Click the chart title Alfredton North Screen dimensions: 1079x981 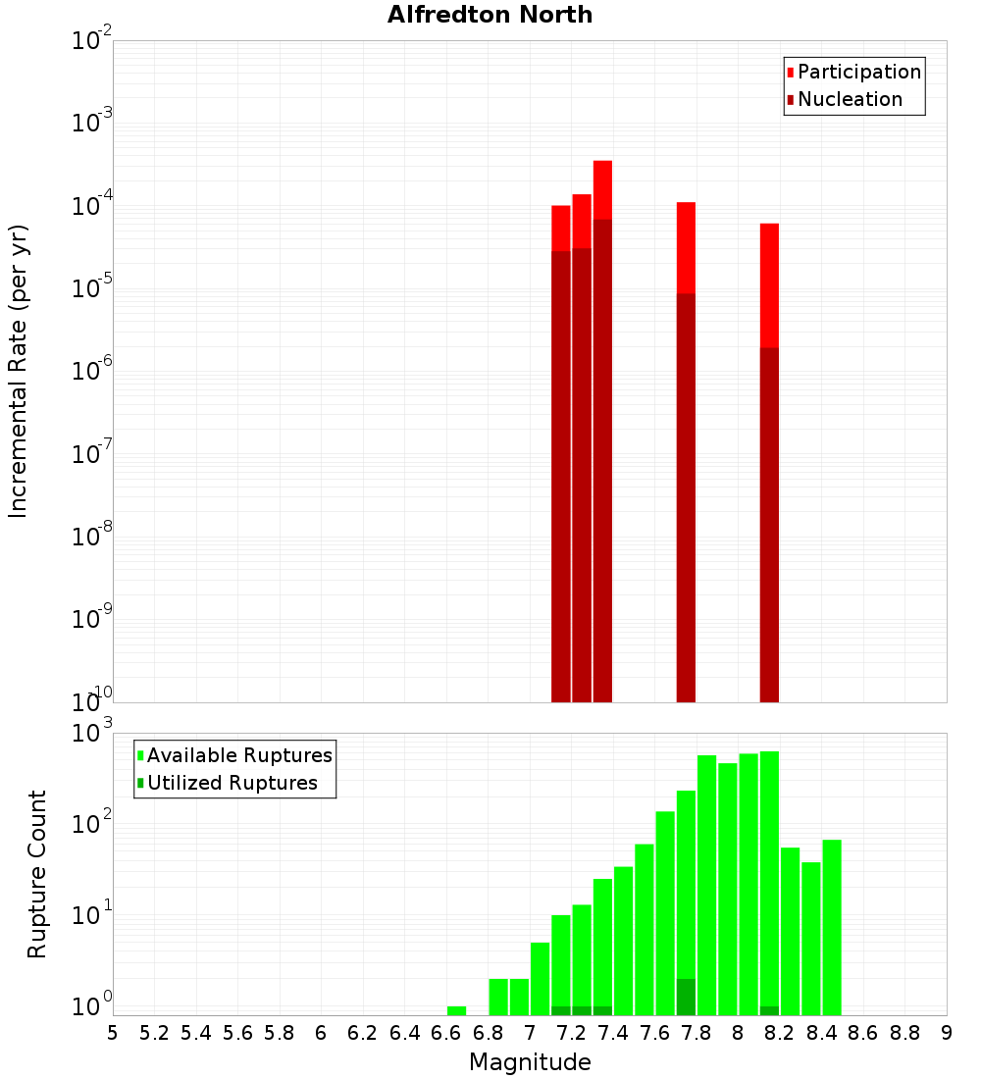[490, 15]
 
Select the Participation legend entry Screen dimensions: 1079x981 [858, 72]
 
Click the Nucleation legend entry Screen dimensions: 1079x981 [850, 99]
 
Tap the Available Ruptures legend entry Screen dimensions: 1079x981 [238, 755]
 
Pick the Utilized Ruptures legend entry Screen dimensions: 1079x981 [232, 783]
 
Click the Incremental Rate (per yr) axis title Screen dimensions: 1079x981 [19, 371]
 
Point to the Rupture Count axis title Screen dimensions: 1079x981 [37, 874]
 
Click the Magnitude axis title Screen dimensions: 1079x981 [530, 1062]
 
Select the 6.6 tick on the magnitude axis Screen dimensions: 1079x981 [446, 1033]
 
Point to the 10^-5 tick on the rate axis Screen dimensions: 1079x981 [92, 288]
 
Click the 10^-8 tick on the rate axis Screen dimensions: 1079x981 [92, 537]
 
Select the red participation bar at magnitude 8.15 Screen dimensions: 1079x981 [769, 284]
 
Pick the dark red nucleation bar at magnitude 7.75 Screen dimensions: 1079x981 [686, 490]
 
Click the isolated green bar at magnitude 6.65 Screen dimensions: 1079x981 [456, 1010]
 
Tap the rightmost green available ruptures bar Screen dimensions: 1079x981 [832, 927]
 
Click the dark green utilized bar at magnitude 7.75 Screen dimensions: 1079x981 [686, 997]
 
